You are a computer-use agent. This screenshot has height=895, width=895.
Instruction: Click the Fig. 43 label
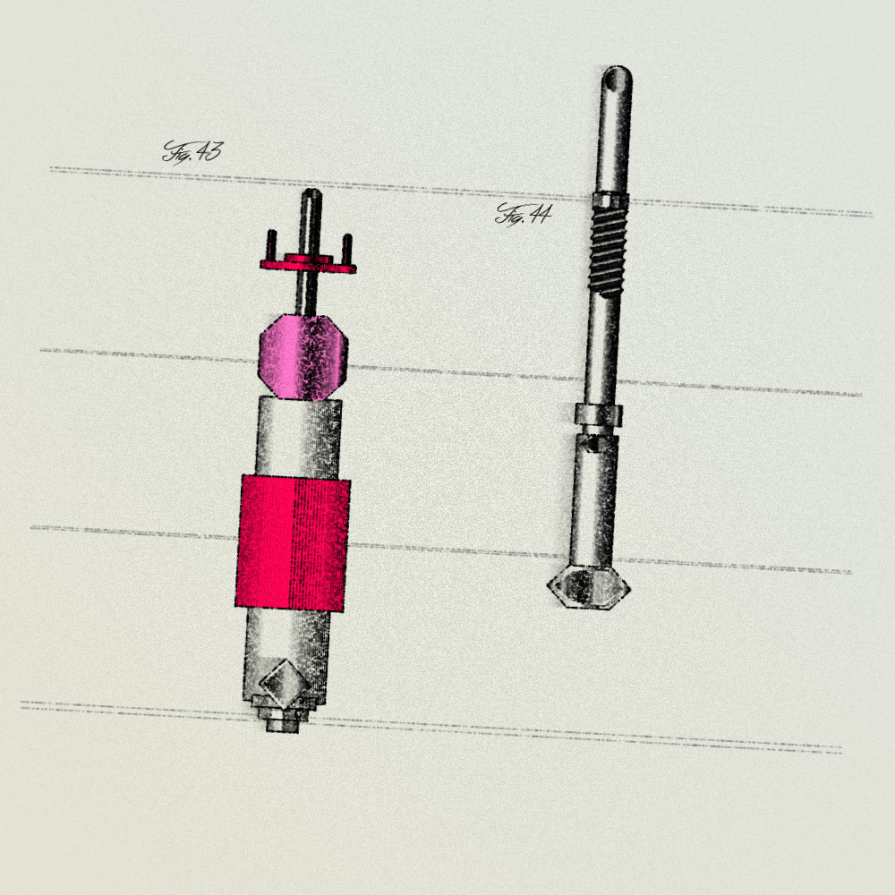click(192, 151)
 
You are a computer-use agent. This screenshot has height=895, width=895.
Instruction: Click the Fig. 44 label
click(524, 215)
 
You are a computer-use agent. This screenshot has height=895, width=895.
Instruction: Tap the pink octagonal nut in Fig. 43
click(303, 356)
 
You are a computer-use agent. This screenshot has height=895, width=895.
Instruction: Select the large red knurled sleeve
click(293, 543)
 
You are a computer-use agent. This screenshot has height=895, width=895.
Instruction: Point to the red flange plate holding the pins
click(308, 265)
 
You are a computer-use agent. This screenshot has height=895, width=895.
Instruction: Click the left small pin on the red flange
click(272, 245)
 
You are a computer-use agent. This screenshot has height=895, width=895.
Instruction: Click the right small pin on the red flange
click(346, 249)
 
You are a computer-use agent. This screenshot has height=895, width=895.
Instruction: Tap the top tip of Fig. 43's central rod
click(312, 190)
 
